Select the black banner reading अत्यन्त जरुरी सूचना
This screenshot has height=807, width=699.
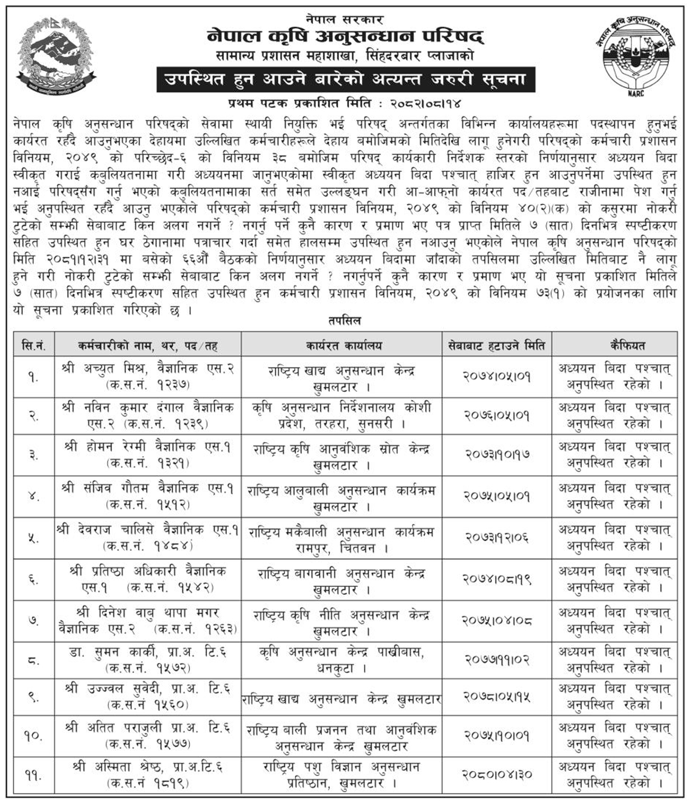coord(345,79)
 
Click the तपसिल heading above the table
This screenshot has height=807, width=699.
coord(345,321)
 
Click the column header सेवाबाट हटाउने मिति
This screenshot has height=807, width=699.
coord(496,345)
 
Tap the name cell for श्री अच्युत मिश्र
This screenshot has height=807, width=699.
coord(148,377)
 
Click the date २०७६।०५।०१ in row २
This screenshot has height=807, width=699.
coord(496,416)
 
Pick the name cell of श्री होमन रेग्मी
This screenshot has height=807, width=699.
coord(148,455)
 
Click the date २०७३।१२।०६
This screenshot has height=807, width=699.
coord(496,537)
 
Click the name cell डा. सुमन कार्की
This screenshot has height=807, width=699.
coord(148,659)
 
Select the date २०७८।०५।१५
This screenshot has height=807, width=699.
coord(496,697)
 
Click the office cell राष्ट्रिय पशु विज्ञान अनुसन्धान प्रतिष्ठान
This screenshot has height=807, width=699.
coord(342,774)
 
